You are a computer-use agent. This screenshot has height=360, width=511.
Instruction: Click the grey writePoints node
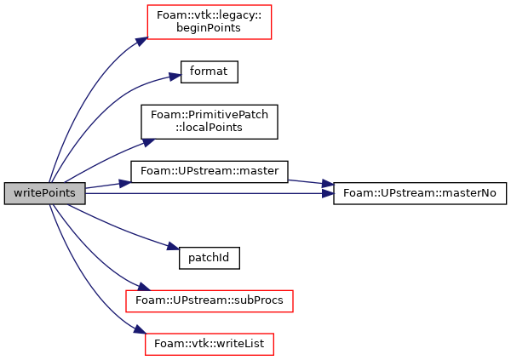[x=44, y=193]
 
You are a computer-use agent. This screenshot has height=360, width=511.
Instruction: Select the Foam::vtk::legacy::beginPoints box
[x=210, y=22]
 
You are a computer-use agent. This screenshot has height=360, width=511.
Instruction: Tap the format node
[x=210, y=71]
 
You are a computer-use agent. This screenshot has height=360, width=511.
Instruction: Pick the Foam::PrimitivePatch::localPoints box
[x=210, y=122]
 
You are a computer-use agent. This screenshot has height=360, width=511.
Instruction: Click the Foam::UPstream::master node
[x=210, y=171]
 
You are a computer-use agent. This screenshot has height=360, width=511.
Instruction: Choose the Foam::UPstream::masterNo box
[x=420, y=193]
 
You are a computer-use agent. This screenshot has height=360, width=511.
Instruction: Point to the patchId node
[x=210, y=258]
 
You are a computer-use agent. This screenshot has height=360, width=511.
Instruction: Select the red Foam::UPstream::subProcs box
[x=210, y=301]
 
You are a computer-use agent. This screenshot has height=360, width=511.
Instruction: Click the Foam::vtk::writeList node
[x=210, y=345]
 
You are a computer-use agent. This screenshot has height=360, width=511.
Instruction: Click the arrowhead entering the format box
[x=175, y=77]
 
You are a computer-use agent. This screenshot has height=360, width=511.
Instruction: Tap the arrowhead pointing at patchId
[x=174, y=247]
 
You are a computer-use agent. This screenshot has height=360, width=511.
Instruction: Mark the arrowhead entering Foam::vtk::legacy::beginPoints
[x=142, y=42]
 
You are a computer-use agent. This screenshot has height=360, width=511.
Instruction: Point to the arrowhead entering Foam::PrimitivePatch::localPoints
[x=148, y=143]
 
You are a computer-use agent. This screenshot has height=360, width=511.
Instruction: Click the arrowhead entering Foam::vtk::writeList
[x=140, y=329]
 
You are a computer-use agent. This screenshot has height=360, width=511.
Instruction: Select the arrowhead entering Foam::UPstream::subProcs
[x=143, y=286]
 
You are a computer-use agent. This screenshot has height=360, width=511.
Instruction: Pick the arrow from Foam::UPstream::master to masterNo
[x=311, y=182]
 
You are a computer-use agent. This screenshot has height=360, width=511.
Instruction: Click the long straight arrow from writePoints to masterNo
[x=210, y=193]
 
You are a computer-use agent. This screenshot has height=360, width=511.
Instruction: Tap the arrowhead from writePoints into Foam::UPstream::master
[x=125, y=184]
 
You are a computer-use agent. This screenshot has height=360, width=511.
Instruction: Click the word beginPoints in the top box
[x=209, y=28]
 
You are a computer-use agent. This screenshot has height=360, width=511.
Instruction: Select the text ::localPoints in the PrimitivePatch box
[x=209, y=128]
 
